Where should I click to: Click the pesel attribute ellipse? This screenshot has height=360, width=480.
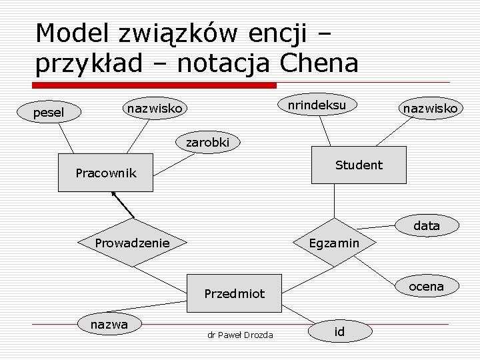[x=49, y=113]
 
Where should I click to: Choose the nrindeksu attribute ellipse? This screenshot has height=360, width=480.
[x=316, y=105]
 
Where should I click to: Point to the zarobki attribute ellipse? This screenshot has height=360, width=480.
[x=207, y=142]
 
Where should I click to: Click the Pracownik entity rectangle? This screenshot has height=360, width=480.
[x=105, y=173]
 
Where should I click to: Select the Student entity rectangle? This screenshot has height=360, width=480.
[x=359, y=165]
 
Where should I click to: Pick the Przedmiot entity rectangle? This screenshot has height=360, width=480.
[x=234, y=293]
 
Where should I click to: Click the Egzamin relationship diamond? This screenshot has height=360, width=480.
[x=334, y=243]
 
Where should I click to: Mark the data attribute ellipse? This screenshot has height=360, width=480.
[x=427, y=226]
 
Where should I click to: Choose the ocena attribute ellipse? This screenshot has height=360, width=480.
[x=426, y=286]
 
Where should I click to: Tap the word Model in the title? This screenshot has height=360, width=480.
[x=73, y=32]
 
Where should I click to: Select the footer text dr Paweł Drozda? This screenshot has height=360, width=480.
[x=239, y=334]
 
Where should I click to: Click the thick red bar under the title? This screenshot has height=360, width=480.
[x=155, y=85]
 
